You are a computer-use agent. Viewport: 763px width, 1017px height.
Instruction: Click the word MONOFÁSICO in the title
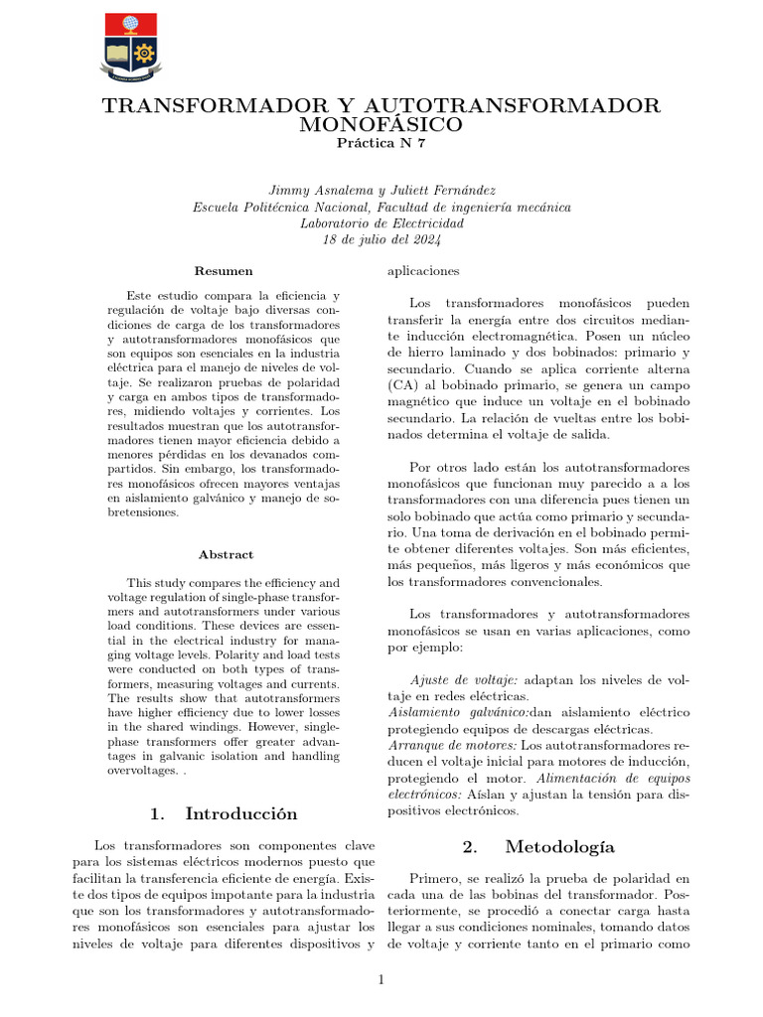pos(381,125)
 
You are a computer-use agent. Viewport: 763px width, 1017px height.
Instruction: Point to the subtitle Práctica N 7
pos(381,143)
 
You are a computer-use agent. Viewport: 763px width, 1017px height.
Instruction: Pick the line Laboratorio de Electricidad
pos(381,222)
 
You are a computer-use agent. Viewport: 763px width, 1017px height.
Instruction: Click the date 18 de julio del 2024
pos(381,239)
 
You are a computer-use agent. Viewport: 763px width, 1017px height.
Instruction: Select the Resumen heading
pos(224,270)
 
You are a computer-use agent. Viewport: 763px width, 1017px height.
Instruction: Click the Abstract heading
pos(226,554)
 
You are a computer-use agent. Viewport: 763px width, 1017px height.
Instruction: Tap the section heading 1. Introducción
pos(224,814)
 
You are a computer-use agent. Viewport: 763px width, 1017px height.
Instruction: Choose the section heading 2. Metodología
pos(538,847)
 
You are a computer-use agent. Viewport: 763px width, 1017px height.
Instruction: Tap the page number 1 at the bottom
pos(381,980)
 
